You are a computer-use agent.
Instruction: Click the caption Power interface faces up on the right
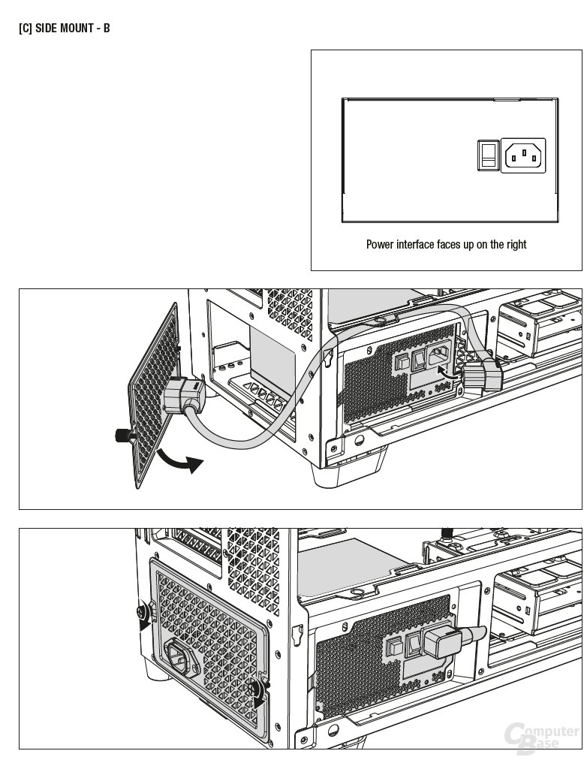click(x=446, y=244)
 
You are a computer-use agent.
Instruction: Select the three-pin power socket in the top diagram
click(x=523, y=155)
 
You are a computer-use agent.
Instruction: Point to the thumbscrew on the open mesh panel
click(x=120, y=434)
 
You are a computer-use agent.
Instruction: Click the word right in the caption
click(x=514, y=244)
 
